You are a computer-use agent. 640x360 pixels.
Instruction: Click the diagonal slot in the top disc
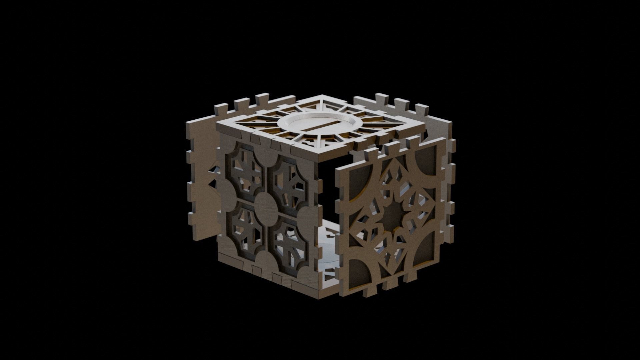(x=319, y=126)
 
